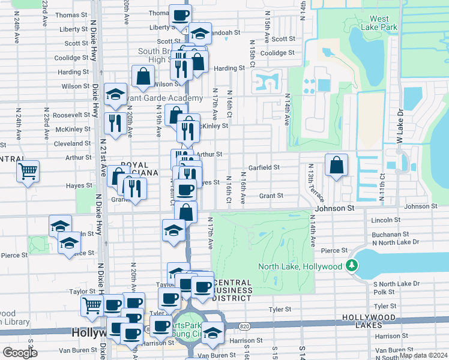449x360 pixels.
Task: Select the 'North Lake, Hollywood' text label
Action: point(300,266)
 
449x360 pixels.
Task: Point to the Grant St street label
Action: point(271,196)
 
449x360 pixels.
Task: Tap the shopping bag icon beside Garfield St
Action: point(337,166)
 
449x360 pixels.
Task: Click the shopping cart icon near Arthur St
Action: point(28,172)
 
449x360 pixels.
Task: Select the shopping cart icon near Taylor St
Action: point(92,305)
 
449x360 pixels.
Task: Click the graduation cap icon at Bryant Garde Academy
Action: point(115,94)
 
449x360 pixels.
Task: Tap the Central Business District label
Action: point(232,290)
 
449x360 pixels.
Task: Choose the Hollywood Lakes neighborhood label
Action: point(378,321)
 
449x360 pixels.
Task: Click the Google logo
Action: point(20,353)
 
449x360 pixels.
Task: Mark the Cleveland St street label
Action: point(72,144)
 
